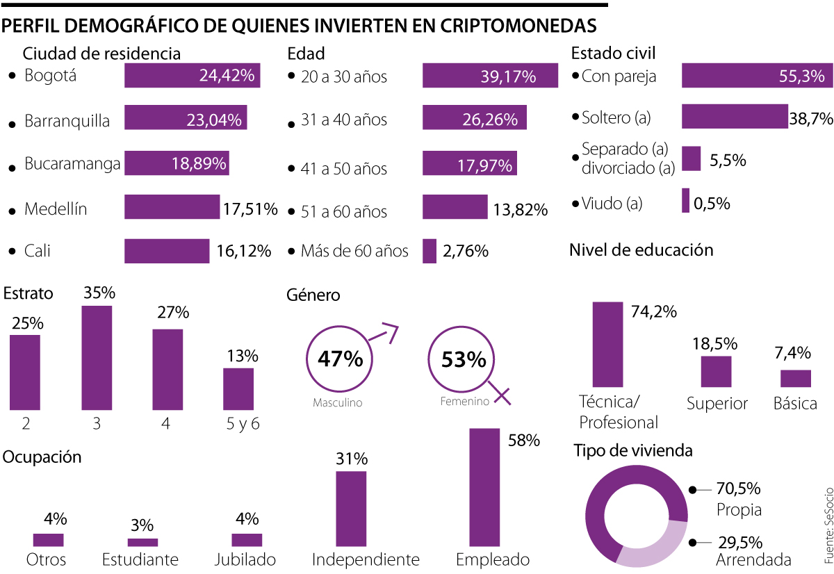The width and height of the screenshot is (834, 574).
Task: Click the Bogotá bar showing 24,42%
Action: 192,75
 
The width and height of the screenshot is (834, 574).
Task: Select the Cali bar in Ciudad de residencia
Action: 167,251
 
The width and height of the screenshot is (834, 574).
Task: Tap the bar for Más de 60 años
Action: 430,251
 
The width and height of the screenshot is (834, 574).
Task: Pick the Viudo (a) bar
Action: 685,201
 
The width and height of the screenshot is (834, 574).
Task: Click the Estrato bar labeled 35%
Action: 97,358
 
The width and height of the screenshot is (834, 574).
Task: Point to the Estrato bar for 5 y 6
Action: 238,389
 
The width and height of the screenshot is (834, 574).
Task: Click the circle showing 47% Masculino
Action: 339,360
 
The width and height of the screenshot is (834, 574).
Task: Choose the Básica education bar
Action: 796,378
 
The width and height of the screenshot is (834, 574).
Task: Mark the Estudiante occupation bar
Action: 142,542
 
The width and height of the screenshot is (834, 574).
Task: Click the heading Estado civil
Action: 613,54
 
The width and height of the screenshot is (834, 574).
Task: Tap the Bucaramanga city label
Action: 72,165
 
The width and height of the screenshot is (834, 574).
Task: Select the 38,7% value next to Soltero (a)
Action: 811,119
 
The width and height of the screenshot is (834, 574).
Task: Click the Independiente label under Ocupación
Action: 366,559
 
